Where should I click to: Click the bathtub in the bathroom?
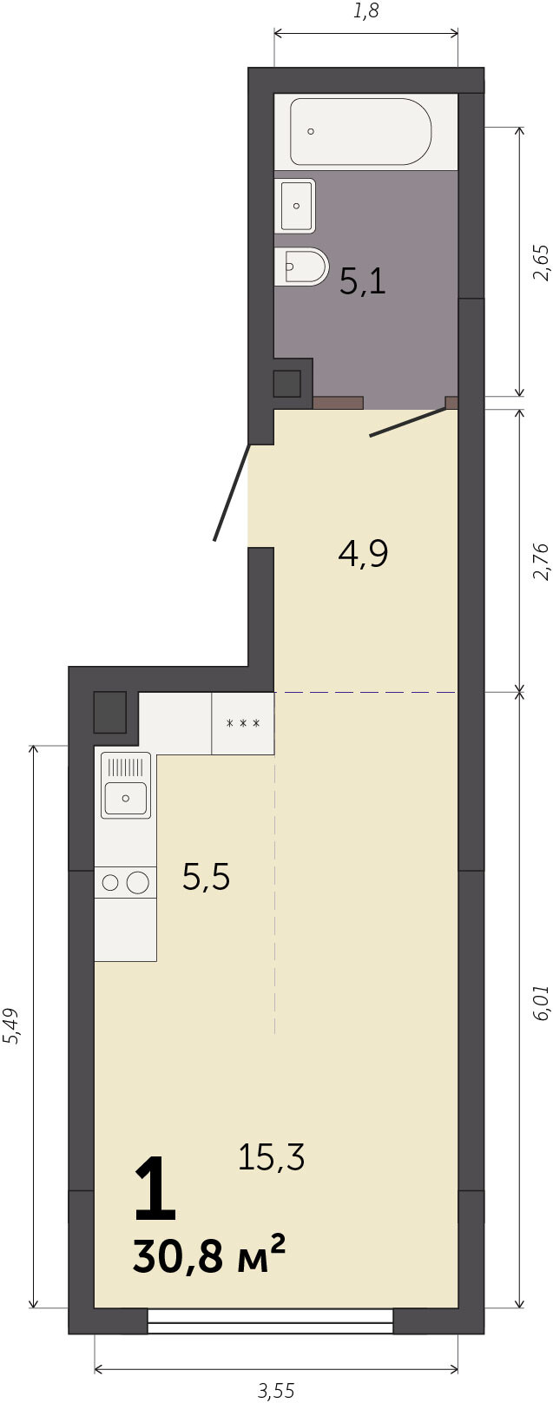361,132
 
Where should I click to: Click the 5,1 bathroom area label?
363,282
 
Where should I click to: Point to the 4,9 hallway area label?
363,553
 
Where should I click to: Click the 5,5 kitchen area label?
206,876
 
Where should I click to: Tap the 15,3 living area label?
271,1156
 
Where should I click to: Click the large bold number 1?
155,1189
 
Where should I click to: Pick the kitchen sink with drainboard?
126,785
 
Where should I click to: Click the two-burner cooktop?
125,882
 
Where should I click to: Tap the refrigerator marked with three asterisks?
243,723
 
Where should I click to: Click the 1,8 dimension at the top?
366,11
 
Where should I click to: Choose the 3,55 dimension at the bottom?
275,1391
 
